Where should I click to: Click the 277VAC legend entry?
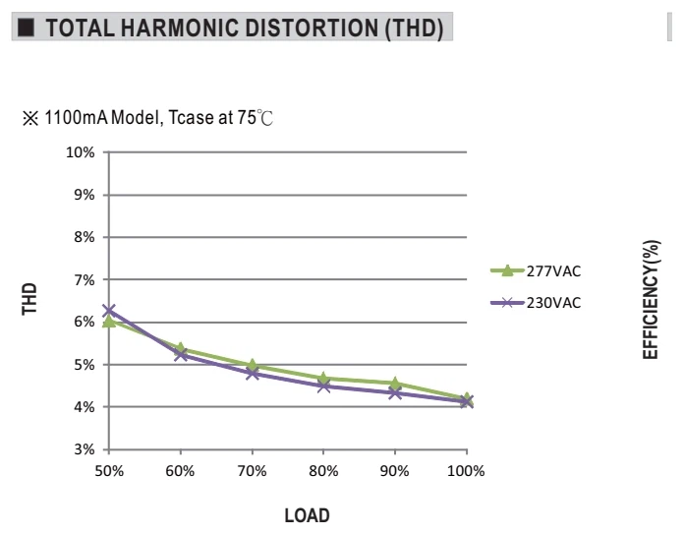click(x=536, y=271)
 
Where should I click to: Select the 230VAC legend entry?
click(x=536, y=302)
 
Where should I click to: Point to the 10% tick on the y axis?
click(x=81, y=152)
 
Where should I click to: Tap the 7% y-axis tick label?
click(x=85, y=279)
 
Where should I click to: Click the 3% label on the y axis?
click(x=85, y=449)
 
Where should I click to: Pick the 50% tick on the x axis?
click(x=109, y=471)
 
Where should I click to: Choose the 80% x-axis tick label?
click(x=323, y=471)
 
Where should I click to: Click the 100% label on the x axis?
click(x=466, y=471)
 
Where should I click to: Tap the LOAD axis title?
click(x=307, y=515)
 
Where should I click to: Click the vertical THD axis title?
click(x=29, y=299)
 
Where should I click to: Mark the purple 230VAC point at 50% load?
click(x=109, y=311)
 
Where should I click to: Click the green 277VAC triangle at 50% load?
click(x=109, y=322)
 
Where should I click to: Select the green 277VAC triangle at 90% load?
click(x=395, y=384)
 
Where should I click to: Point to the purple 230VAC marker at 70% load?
click(x=253, y=374)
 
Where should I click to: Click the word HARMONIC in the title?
click(x=179, y=28)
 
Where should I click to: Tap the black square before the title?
click(x=26, y=28)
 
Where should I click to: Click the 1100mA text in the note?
click(x=76, y=117)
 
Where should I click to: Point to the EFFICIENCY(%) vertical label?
click(x=651, y=299)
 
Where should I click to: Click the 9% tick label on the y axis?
click(x=85, y=195)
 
